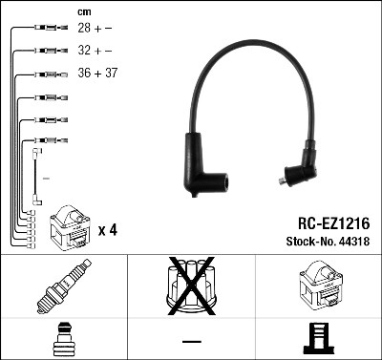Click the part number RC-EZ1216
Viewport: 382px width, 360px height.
pos(333,223)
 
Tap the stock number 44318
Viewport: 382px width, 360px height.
pos(354,242)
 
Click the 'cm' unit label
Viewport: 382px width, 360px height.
pos(84,12)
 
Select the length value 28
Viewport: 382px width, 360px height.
pos(84,28)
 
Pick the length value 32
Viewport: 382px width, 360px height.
pos(84,51)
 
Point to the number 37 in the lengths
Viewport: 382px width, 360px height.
pos(111,73)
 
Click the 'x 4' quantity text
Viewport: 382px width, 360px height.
pos(108,230)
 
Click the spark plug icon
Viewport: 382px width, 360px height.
pos(64,286)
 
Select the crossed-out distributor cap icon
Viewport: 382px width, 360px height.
pos(191,286)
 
